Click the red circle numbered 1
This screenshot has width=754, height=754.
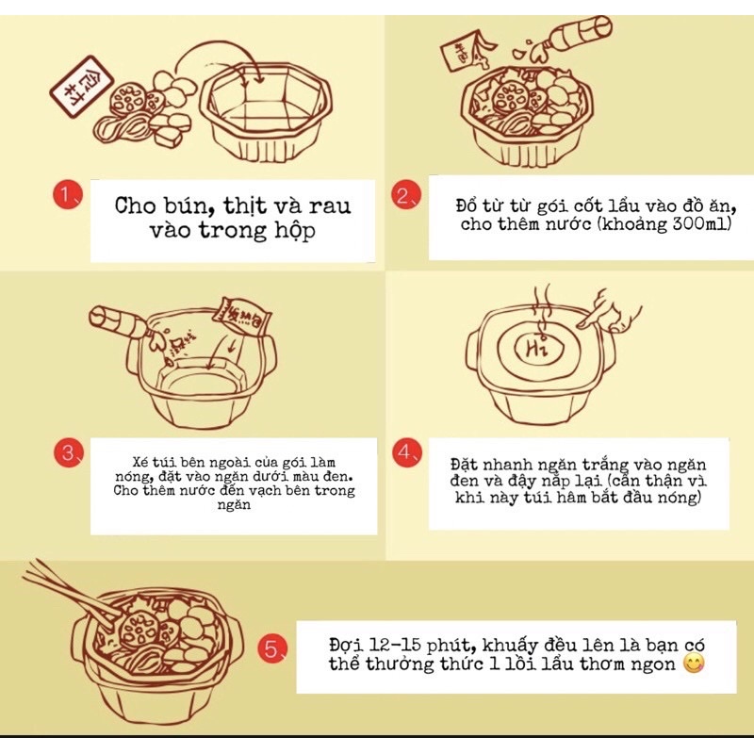tap(68, 195)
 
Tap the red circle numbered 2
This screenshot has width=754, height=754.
tap(406, 195)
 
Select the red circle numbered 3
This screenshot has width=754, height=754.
tap(69, 453)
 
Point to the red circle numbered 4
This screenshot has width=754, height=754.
tap(407, 452)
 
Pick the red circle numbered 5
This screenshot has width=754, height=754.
tap(272, 649)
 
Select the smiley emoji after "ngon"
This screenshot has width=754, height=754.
tap(694, 664)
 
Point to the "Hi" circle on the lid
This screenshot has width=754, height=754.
tap(538, 346)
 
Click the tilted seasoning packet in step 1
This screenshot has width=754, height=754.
tap(82, 86)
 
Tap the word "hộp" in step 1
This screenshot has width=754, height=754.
tap(295, 231)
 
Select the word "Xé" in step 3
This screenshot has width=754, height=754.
tap(139, 462)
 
